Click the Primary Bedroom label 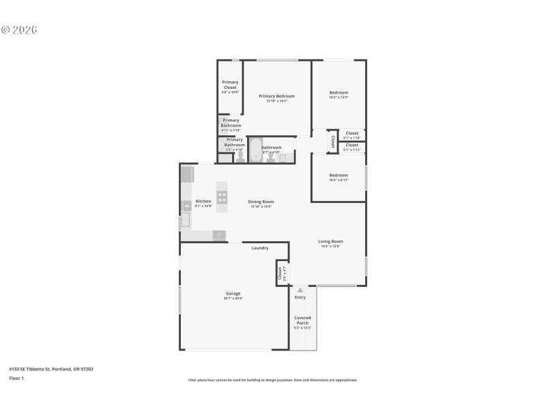pos(276,96)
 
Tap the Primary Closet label pos(230,85)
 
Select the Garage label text pos(233,293)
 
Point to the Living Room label pos(330,241)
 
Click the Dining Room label pos(261,202)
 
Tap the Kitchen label pos(203,202)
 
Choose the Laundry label pos(259,247)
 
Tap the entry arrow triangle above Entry pos(300,290)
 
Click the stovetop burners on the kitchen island pos(222,197)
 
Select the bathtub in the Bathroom pos(255,150)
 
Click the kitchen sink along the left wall pos(184,220)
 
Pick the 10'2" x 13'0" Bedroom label pos(339,93)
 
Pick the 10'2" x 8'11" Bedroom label pos(339,176)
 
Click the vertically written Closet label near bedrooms pos(332,141)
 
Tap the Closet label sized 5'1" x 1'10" pos(351,133)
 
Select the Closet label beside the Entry pos(280,273)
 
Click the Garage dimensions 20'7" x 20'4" pos(233,299)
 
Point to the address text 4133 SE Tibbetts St pos(51,369)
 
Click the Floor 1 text pos(16,378)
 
